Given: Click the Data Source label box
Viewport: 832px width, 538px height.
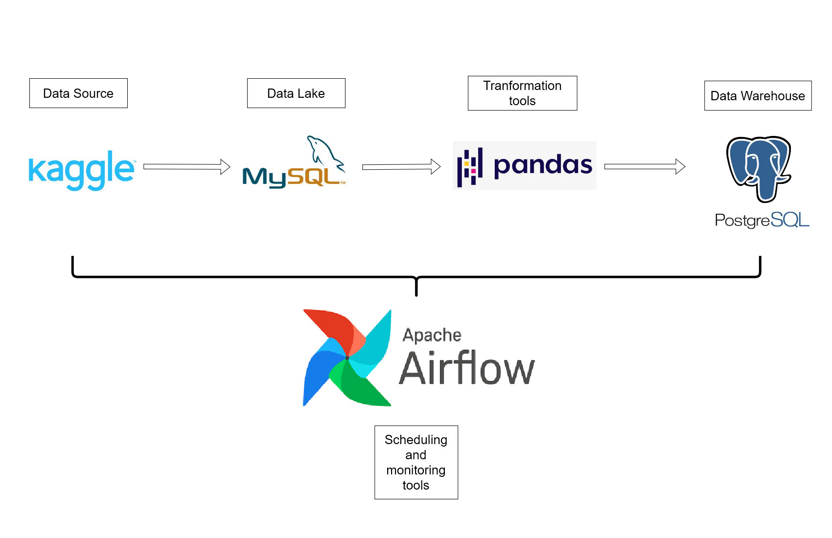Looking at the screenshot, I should [78, 93].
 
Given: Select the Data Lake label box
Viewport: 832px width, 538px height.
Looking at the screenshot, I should [296, 93].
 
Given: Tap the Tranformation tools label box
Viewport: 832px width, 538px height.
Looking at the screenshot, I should [522, 93].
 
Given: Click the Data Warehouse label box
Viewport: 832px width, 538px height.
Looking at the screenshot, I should [758, 95].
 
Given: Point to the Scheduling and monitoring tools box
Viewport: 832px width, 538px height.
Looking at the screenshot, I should [416, 462].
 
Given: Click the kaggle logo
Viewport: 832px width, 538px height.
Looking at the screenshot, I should [81, 170].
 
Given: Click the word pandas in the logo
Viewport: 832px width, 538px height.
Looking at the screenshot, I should [543, 165].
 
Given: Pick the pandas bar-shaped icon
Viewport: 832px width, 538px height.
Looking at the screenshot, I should [470, 167].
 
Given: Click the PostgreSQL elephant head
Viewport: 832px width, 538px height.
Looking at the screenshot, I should [759, 166].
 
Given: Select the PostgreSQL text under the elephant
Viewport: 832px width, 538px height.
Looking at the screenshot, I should [762, 220].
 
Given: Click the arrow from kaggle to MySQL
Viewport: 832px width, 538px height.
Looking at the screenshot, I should [186, 167].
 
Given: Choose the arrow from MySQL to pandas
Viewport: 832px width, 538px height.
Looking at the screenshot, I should [401, 167].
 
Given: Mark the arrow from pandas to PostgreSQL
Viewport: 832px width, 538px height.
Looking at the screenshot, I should [645, 166].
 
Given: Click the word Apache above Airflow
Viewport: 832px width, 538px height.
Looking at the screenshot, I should [432, 335].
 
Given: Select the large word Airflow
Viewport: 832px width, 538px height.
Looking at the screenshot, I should [467, 369].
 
